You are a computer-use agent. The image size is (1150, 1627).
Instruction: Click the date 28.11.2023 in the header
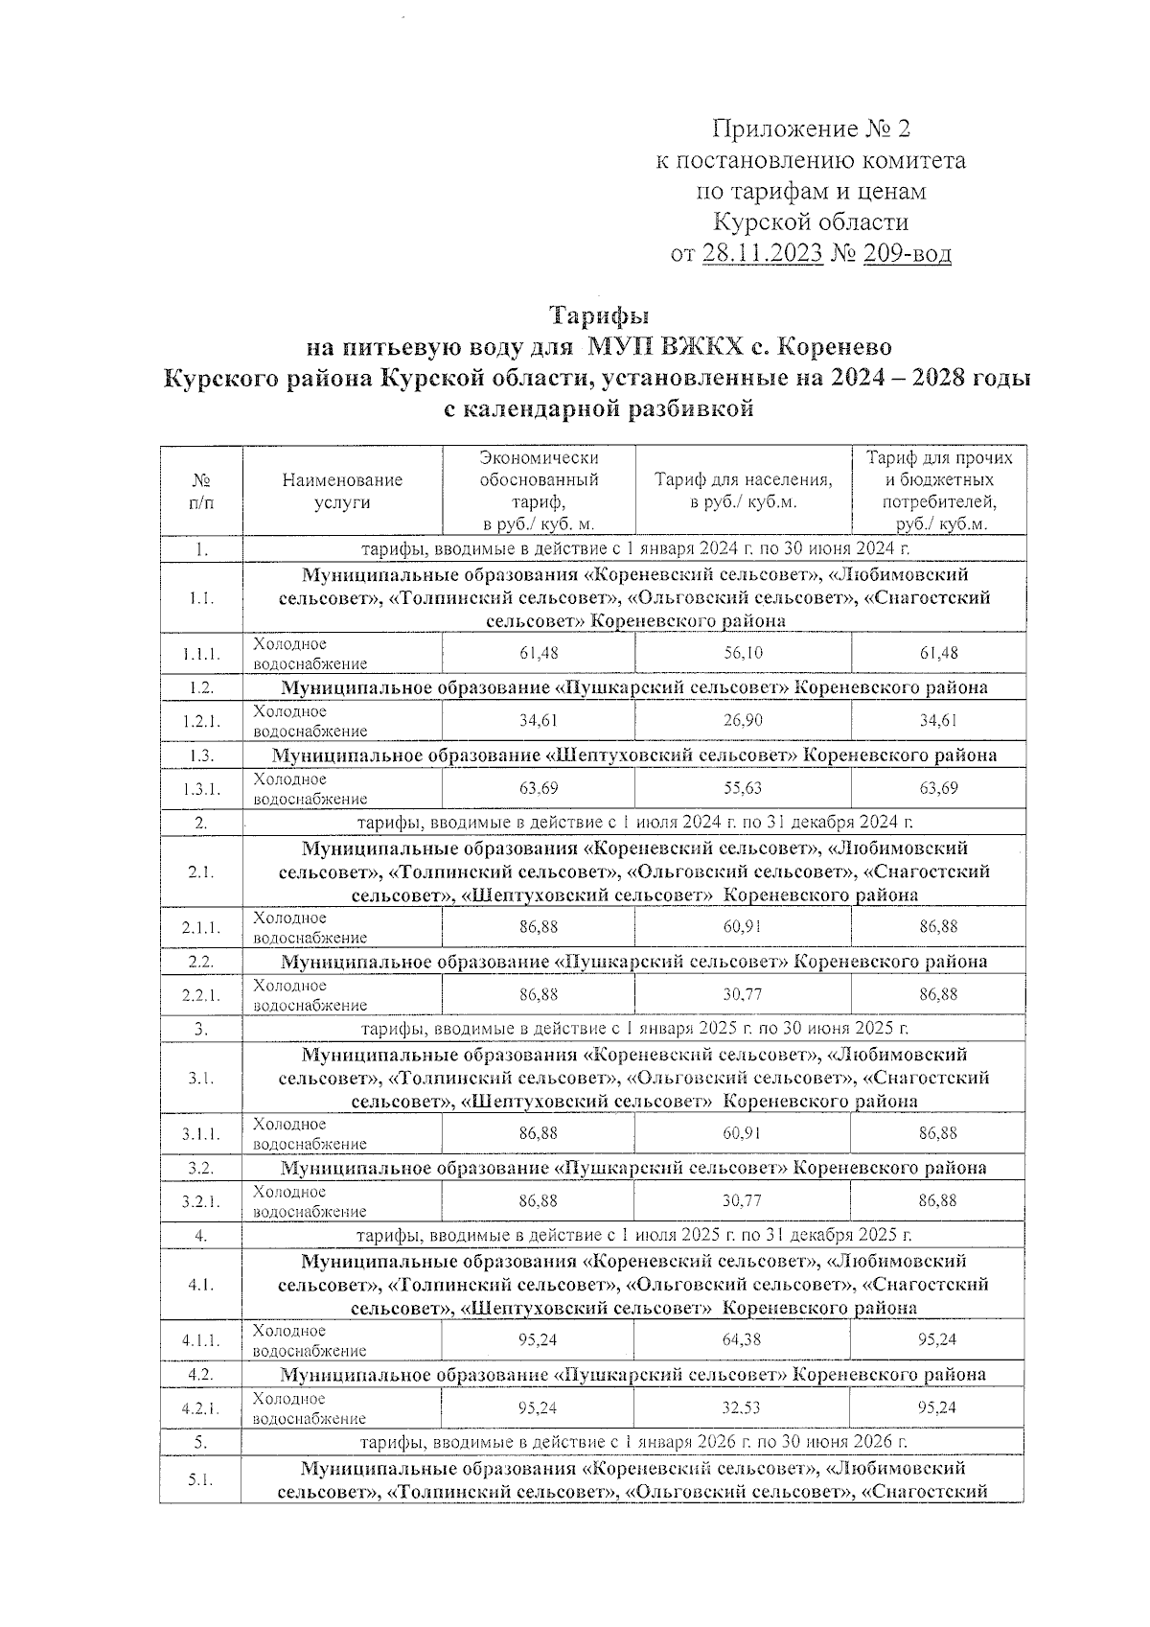pyautogui.click(x=762, y=254)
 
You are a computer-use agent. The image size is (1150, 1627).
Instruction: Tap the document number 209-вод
pyautogui.click(x=906, y=254)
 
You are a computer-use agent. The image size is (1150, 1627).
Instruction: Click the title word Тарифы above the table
pyautogui.click(x=599, y=315)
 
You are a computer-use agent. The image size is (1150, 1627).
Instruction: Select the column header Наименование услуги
pyautogui.click(x=342, y=491)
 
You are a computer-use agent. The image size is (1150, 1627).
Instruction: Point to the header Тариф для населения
pyautogui.click(x=743, y=491)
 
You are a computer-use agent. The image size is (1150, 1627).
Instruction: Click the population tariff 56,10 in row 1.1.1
pyautogui.click(x=743, y=653)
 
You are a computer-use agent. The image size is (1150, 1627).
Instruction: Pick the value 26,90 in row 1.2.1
pyautogui.click(x=743, y=721)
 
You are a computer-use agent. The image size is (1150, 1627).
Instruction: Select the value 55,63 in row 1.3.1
pyautogui.click(x=743, y=789)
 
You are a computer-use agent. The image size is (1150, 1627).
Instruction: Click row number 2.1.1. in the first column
pyautogui.click(x=201, y=927)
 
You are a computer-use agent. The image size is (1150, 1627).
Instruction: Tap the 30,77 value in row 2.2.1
pyautogui.click(x=743, y=995)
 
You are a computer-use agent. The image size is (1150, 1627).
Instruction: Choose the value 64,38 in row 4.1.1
pyautogui.click(x=743, y=1339)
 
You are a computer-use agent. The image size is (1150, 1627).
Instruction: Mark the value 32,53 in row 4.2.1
pyautogui.click(x=743, y=1407)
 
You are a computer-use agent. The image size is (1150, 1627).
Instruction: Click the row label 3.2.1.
pyautogui.click(x=201, y=1201)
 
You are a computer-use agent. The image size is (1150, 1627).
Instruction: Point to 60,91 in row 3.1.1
pyautogui.click(x=743, y=1133)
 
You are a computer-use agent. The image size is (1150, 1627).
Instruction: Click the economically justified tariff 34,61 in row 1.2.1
pyautogui.click(x=539, y=721)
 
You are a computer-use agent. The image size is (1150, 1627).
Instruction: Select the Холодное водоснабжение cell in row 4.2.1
pyautogui.click(x=310, y=1407)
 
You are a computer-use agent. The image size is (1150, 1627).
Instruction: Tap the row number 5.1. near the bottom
pyautogui.click(x=201, y=1480)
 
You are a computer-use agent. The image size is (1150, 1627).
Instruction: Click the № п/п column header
pyautogui.click(x=201, y=491)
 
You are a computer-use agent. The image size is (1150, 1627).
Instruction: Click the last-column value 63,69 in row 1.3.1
pyautogui.click(x=938, y=789)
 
